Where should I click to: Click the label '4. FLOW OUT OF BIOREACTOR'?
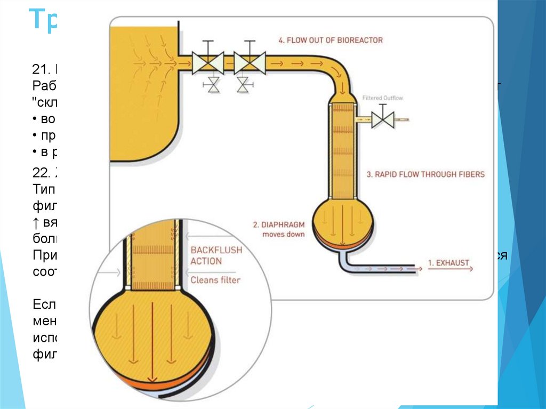pos(331,40)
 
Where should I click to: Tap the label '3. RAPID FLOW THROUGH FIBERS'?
pos(425,174)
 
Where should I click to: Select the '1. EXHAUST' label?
pos(448,262)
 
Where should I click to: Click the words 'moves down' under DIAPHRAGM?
pos(284,234)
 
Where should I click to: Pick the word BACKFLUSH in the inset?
pos(216,250)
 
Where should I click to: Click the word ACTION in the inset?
pos(206,261)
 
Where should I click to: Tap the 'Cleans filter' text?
pos(215,280)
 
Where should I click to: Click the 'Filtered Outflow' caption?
pos(383,98)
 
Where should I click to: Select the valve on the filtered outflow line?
pos(382,119)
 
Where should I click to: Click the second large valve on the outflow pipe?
pos(250,63)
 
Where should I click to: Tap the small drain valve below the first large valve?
pos(213,85)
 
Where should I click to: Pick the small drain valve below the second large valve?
pos(245,85)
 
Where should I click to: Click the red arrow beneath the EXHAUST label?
pos(450,270)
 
